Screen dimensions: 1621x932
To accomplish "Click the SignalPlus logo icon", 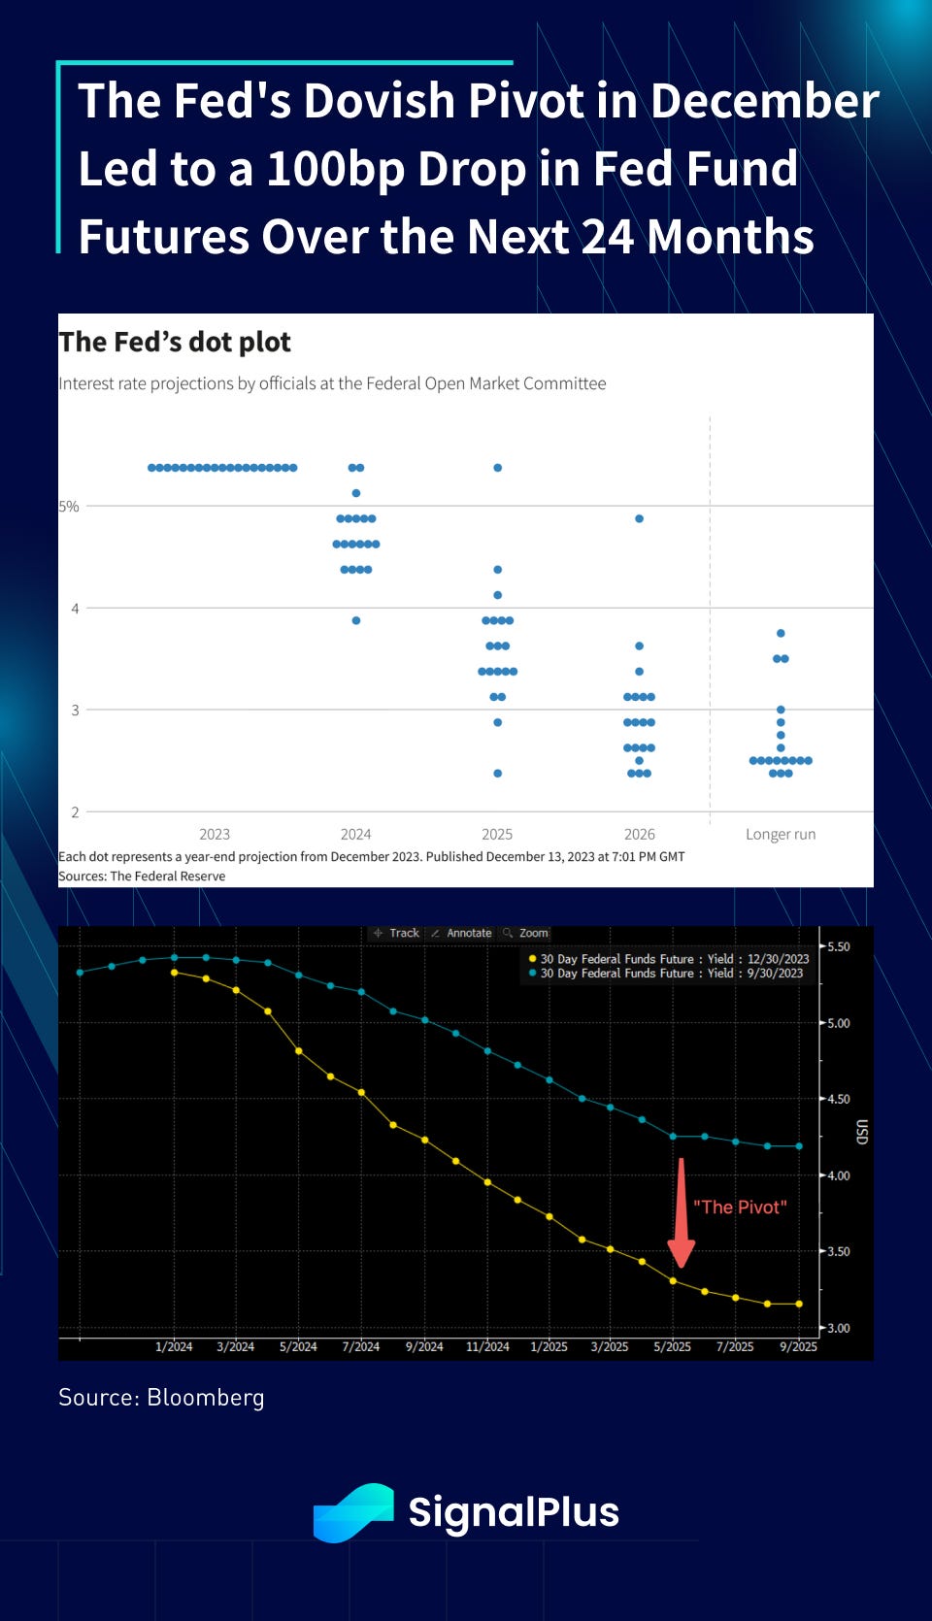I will [353, 1512].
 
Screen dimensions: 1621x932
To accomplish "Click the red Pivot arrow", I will [682, 1213].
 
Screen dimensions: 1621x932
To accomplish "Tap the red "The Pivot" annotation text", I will [740, 1207].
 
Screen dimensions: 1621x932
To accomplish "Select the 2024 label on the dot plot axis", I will [355, 834].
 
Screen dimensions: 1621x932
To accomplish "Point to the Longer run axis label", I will [781, 834].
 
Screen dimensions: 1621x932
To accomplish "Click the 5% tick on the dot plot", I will [69, 506].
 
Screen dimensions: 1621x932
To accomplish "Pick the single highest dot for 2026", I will [639, 518].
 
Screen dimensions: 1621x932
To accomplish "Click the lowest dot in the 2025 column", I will [497, 774].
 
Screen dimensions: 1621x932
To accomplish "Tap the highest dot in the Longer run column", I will [781, 633].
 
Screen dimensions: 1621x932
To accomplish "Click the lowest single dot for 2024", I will [356, 620].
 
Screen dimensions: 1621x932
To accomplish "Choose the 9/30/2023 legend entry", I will [671, 974].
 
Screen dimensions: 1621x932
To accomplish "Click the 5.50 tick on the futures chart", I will [837, 946].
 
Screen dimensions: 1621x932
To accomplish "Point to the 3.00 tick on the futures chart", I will [837, 1328].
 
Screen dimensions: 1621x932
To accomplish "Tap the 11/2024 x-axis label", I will [487, 1346].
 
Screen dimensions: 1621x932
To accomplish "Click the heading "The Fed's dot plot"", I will [175, 342].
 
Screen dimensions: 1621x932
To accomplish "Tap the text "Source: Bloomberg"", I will [161, 1397].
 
